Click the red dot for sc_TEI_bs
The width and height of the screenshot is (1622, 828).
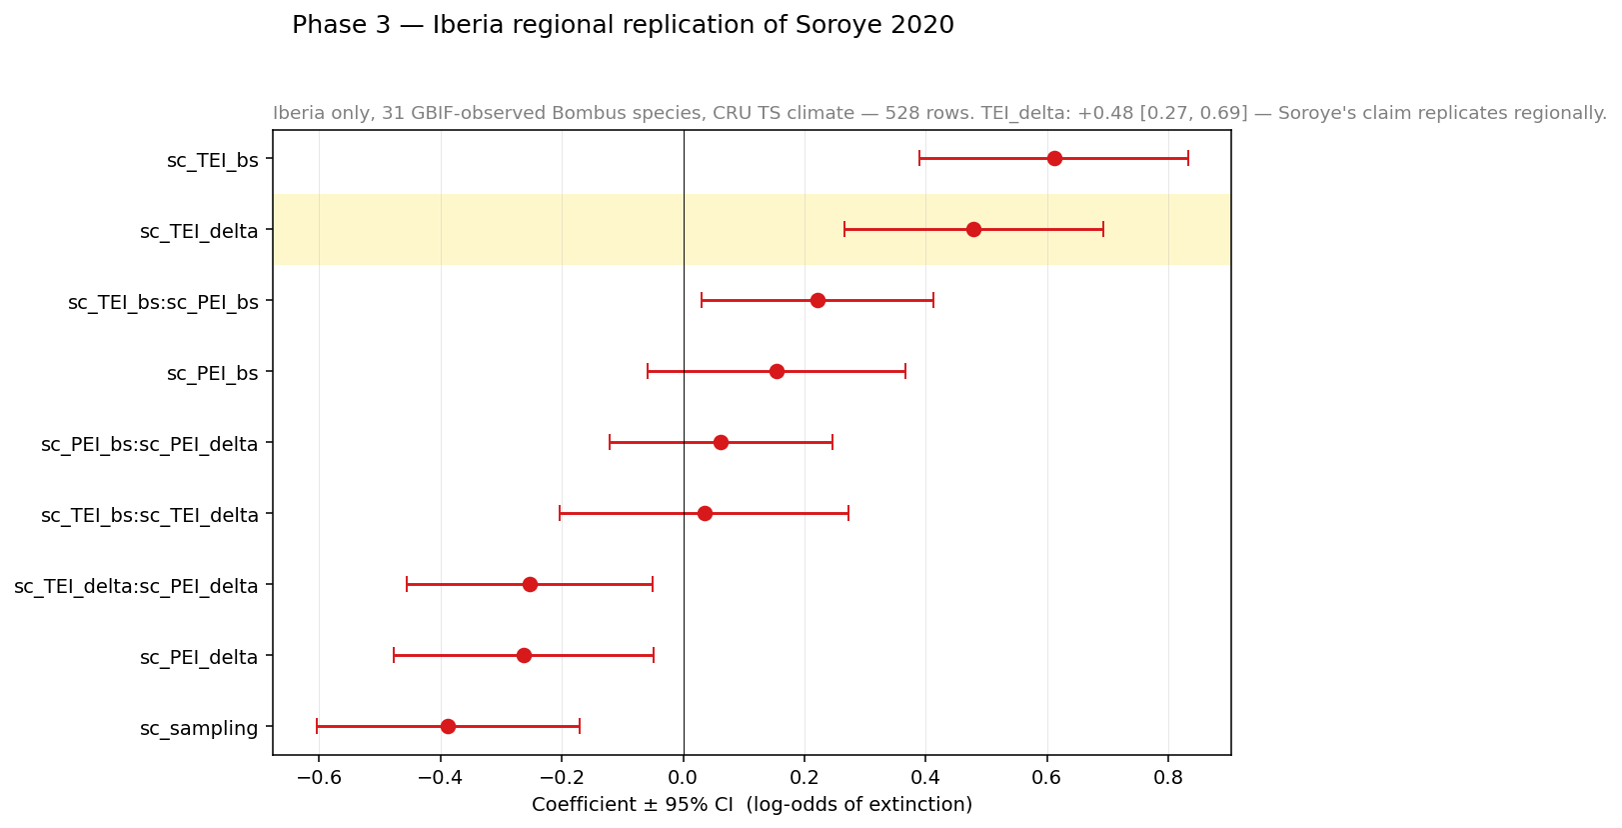click(x=1054, y=158)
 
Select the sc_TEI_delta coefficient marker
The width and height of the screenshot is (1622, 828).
click(x=973, y=229)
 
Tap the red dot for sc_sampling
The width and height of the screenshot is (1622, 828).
click(x=448, y=726)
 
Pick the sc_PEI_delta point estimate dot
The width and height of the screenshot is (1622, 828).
click(x=524, y=655)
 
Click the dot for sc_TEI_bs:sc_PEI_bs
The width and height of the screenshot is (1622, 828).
click(x=817, y=300)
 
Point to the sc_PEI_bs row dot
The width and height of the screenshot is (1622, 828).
click(x=777, y=371)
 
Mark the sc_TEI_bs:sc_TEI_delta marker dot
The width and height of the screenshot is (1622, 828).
click(x=705, y=513)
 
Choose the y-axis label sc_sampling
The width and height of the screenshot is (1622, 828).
click(x=199, y=728)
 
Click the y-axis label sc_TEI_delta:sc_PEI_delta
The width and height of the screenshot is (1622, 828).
click(x=136, y=586)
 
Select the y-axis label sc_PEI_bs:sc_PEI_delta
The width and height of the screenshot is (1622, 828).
click(x=150, y=444)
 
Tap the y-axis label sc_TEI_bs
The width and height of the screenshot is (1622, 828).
click(x=213, y=160)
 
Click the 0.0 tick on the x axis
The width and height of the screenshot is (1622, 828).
click(x=684, y=777)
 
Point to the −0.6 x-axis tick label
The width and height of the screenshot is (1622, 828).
click(x=318, y=777)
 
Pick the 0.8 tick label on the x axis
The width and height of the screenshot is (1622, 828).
click(x=1168, y=777)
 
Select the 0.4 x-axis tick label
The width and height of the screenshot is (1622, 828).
click(x=925, y=777)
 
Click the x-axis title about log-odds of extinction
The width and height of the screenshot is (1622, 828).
click(x=752, y=804)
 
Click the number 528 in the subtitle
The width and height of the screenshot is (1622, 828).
click(x=901, y=113)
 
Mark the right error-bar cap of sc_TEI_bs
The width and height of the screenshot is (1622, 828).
click(x=1187, y=158)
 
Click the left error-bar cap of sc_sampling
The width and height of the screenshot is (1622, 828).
click(x=317, y=726)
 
